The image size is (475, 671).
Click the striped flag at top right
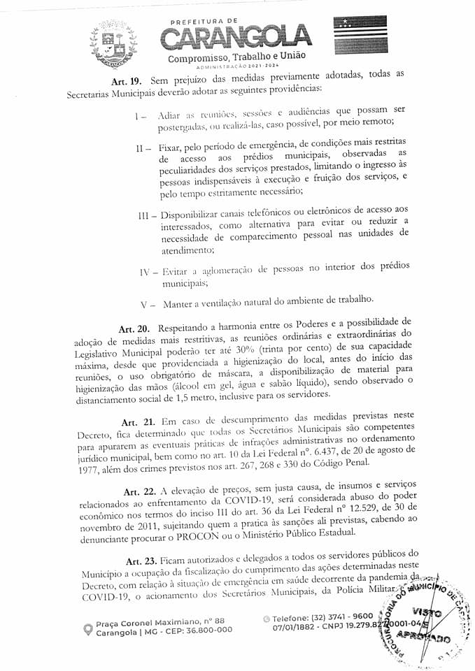(360, 36)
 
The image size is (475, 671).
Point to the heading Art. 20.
(134, 329)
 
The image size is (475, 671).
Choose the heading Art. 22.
(141, 484)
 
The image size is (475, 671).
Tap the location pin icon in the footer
(87, 629)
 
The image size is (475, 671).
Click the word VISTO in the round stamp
(428, 612)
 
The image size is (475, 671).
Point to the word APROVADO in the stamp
(432, 637)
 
